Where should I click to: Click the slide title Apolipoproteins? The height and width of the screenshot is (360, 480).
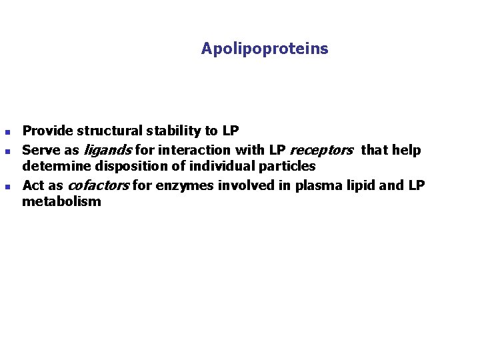265,49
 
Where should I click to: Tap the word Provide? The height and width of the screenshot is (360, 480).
47,131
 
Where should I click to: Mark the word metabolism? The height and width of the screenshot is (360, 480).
61,201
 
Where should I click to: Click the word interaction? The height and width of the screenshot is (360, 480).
196,151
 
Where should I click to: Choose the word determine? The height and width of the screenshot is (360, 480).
53,167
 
